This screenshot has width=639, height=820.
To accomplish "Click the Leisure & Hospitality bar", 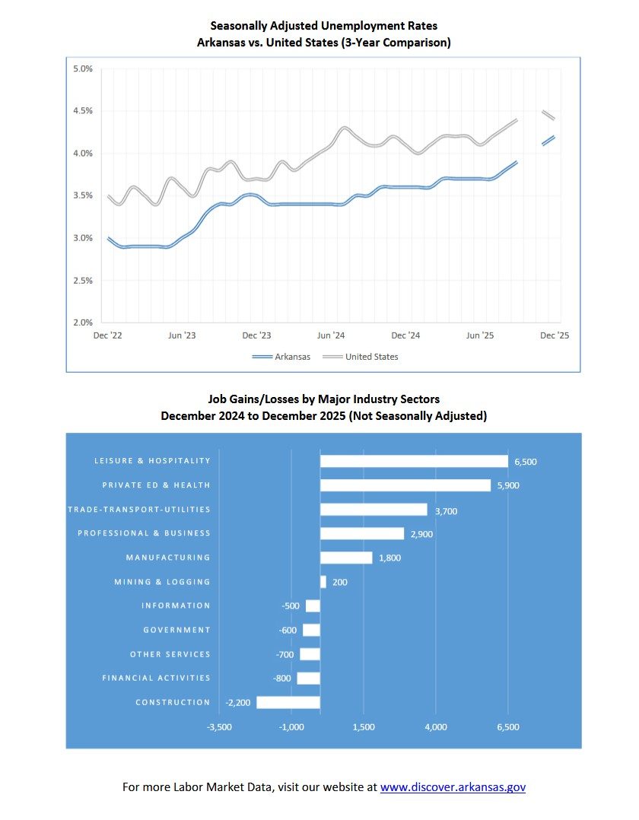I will click(x=414, y=461).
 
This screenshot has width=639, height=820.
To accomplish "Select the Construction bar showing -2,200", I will click(x=288, y=702).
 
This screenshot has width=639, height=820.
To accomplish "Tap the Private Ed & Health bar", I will click(x=405, y=485).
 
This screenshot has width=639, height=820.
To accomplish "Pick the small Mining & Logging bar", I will click(x=323, y=582).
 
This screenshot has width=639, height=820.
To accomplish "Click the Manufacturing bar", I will click(x=346, y=558).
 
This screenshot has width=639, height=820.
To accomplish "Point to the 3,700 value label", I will click(x=446, y=511).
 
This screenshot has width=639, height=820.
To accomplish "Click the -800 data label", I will click(x=283, y=679).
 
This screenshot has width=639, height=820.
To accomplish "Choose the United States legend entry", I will click(x=371, y=357).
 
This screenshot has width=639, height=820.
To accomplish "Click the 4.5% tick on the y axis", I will click(x=81, y=111).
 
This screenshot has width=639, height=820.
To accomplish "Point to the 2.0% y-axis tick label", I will click(x=81, y=323).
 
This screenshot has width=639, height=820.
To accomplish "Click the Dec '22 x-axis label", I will click(x=106, y=335).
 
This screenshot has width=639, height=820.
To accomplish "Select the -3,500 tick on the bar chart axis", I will click(x=220, y=727).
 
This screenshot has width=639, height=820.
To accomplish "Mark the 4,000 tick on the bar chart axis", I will click(x=436, y=727).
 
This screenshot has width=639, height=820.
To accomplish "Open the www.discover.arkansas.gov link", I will click(x=453, y=787).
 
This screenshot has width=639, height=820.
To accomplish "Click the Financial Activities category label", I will click(x=156, y=678).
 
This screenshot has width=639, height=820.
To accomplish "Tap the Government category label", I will click(x=176, y=630).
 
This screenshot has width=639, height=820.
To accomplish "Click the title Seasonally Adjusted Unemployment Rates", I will click(x=323, y=26).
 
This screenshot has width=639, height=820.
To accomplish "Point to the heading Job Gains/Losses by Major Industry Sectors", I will click(x=323, y=399).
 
